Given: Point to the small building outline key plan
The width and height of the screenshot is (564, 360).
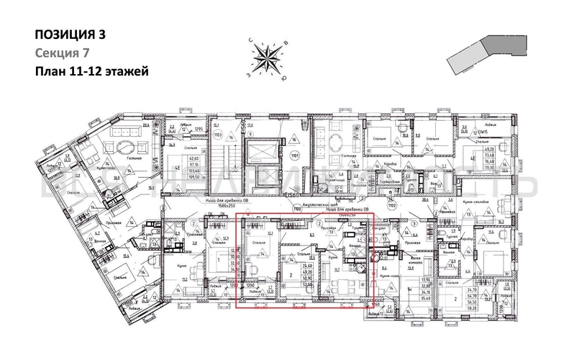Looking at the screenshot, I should click(476, 55).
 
